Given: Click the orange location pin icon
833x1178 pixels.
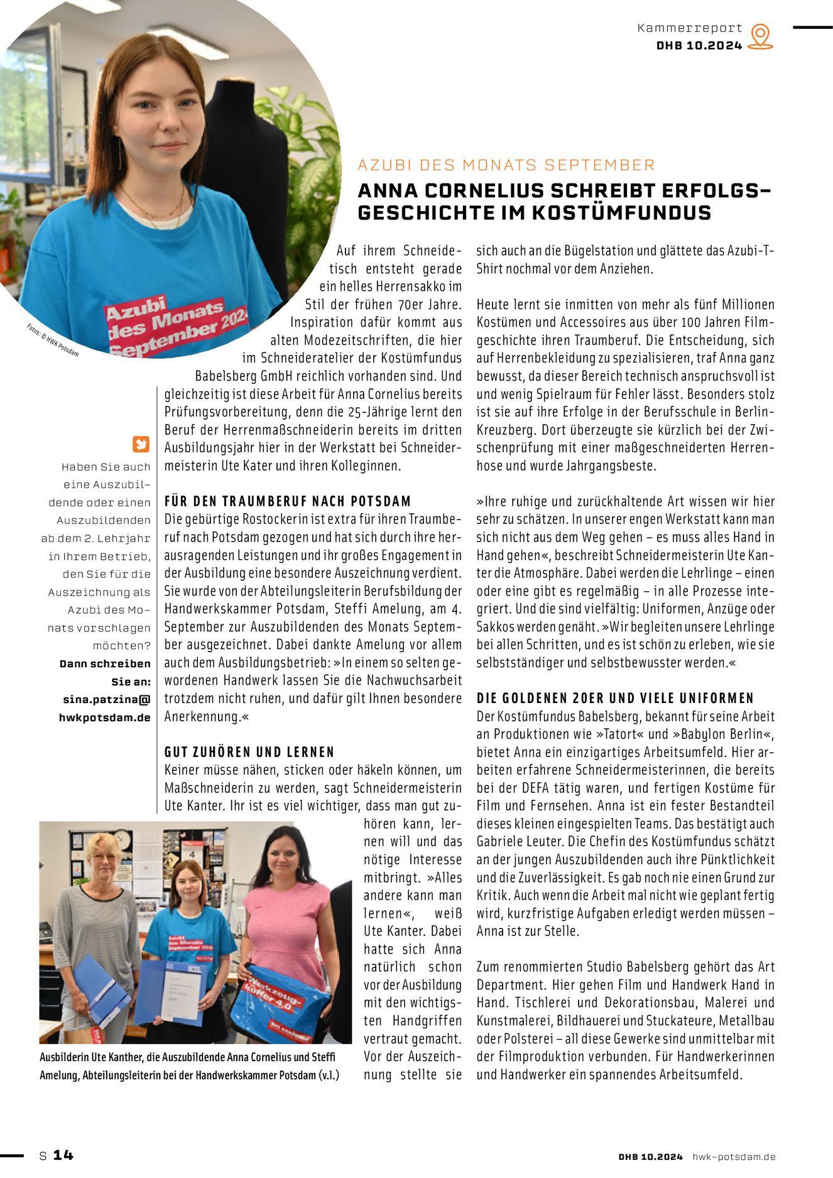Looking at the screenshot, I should pos(761,36).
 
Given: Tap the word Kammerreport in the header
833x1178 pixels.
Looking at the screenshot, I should pos(689,28).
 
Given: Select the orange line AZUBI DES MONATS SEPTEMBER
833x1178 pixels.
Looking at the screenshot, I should pos(506,165).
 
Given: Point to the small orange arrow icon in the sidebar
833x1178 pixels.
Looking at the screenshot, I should pos(141,444).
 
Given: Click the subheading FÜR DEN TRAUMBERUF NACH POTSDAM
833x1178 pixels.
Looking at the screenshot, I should pos(288,501).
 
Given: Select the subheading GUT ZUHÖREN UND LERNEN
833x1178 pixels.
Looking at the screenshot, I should pos(249,752).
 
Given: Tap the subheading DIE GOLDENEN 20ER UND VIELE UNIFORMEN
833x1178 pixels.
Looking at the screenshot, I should pos(615,698).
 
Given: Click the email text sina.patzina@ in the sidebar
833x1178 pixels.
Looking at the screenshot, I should pos(107,699).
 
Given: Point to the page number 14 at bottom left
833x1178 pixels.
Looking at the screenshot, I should pos(63,1155).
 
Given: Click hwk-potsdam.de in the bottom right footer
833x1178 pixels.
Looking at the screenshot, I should pos(734,1157).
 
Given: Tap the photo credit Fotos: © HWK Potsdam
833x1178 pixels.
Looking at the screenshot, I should pos(53,340).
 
